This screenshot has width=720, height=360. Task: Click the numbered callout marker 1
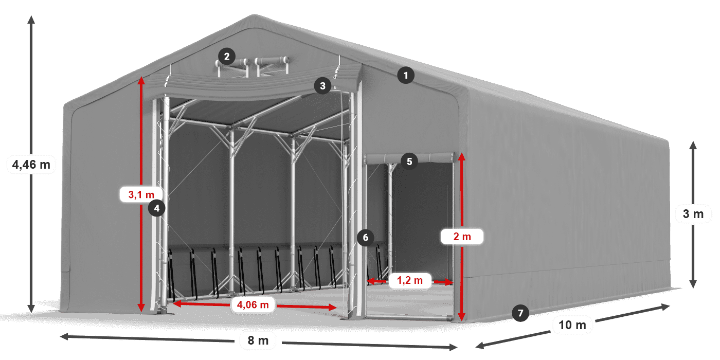tap(406, 76)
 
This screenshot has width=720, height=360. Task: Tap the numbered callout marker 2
tap(226, 56)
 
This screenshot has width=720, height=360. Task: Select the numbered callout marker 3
tap(322, 86)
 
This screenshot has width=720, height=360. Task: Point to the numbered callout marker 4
tap(157, 208)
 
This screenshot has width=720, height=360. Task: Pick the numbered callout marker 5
tap(409, 161)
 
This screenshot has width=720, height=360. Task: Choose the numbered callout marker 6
tap(365, 238)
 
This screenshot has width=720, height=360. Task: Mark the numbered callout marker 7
tap(520, 312)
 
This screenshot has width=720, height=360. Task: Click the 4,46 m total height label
tap(31, 165)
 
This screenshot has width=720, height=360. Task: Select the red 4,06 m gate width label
tap(253, 304)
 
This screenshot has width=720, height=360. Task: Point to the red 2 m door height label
tap(462, 237)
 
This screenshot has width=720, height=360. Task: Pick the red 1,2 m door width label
tap(410, 281)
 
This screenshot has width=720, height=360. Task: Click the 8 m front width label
tap(258, 340)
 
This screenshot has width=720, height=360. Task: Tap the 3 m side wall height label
tap(693, 213)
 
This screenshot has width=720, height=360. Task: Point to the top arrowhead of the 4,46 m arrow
tap(31, 20)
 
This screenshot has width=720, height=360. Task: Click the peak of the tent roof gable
tap(252, 16)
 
